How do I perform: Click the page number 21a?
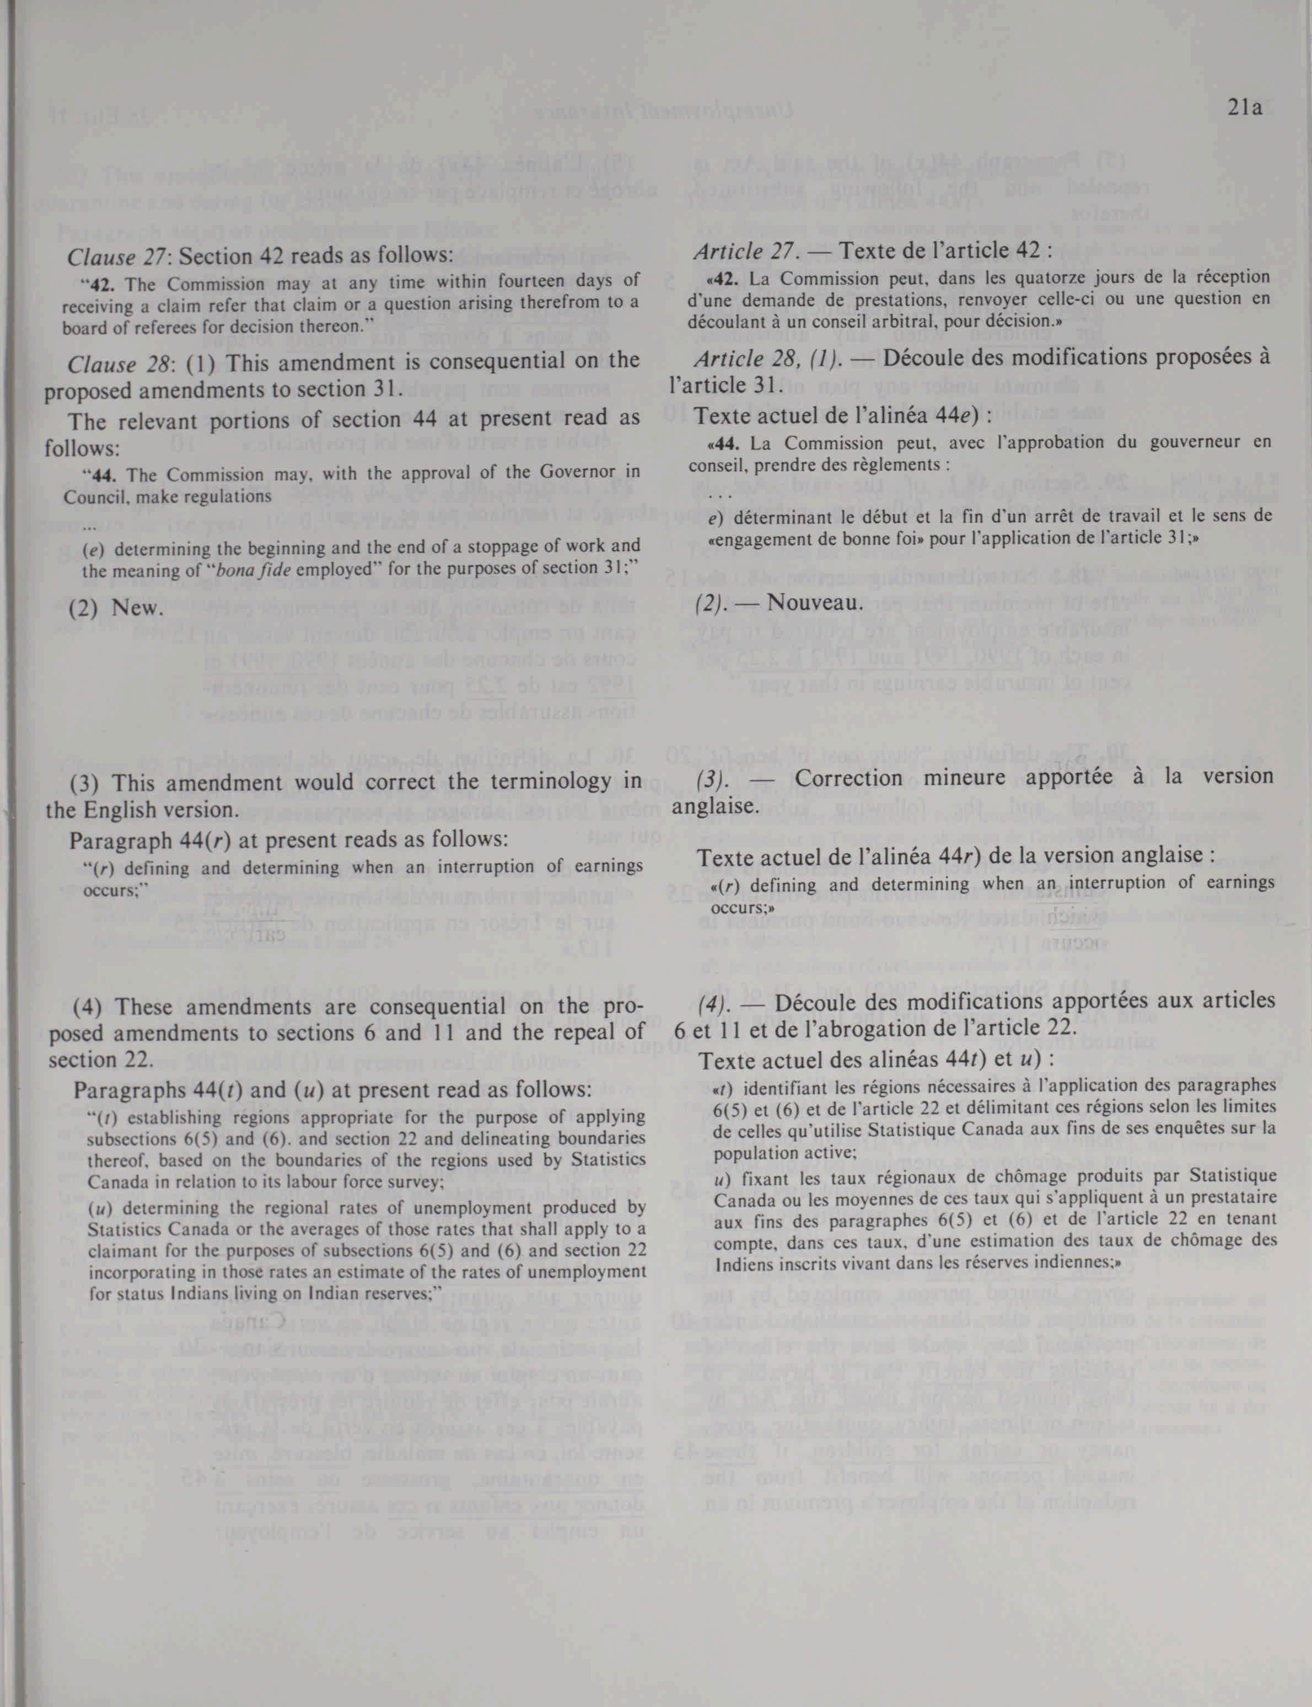[1245, 108]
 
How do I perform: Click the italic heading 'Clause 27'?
[109, 256]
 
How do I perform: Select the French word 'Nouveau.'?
[815, 602]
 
